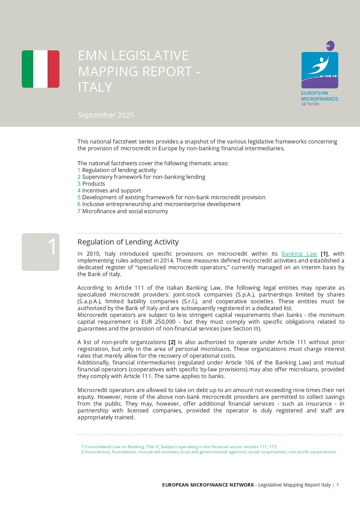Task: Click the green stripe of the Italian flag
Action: coord(28,69)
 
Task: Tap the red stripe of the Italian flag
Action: coord(53,69)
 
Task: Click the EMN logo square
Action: coord(320,70)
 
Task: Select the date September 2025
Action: coord(106,115)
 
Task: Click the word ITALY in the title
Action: coord(95,87)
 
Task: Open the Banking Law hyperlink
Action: coord(299,254)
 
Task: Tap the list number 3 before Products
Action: coord(79,184)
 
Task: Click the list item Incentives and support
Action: coord(111,190)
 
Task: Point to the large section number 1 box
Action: coord(40,252)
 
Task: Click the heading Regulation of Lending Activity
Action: coord(128,242)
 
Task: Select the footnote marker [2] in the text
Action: coord(172,342)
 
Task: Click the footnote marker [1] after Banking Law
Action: coord(324,254)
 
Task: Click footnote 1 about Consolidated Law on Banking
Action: coord(179,446)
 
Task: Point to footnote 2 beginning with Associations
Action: coord(209,452)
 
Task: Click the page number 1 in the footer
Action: coord(338,485)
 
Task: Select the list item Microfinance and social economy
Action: coord(125,211)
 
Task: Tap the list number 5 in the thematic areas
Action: coord(79,197)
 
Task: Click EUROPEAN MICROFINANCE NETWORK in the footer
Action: coord(208,485)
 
